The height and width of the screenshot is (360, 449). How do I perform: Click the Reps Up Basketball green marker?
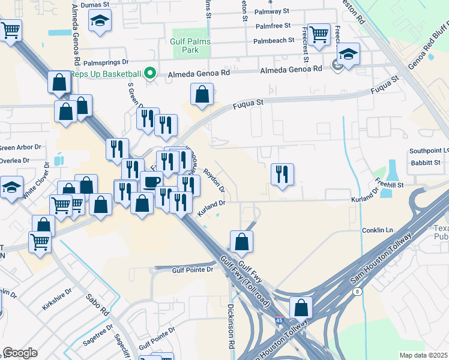point(151,74)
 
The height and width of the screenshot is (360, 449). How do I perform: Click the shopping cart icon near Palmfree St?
point(319,34)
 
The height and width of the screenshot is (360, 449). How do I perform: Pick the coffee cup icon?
point(151,182)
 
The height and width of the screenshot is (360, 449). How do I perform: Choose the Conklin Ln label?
point(376,230)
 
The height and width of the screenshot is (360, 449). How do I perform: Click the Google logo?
point(20,352)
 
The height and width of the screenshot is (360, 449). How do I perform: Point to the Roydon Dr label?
point(214,181)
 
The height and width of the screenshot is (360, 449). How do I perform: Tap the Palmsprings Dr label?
point(106,62)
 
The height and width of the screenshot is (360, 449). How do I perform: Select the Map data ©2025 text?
point(424,355)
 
